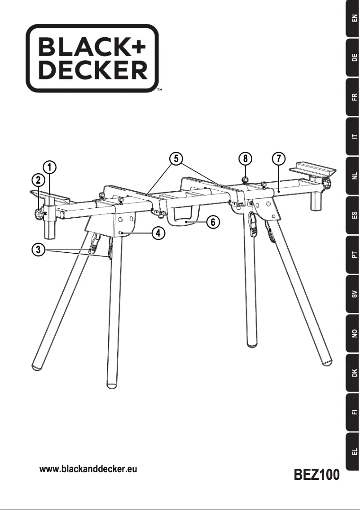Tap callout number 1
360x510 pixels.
51,168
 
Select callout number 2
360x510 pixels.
38,180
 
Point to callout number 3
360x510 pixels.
38,250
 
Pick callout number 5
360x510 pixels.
176,158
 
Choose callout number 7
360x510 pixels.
278,158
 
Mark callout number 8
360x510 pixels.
245,158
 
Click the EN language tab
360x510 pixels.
354,18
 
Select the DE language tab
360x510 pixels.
354,57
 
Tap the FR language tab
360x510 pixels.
354,97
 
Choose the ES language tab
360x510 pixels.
354,216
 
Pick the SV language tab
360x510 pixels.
354,295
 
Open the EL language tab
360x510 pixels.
354,452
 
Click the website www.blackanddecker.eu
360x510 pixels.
88,470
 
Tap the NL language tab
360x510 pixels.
354,176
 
